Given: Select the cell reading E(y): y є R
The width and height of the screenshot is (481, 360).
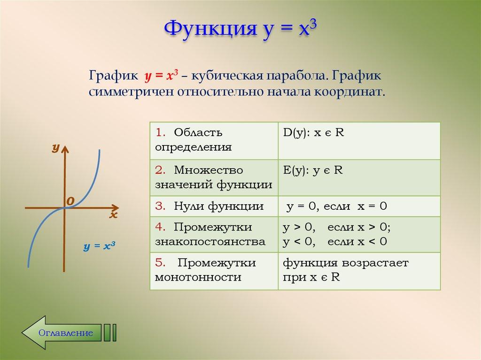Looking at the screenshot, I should click(x=312, y=170).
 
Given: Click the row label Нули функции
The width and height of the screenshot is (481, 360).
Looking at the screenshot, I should click(x=209, y=206).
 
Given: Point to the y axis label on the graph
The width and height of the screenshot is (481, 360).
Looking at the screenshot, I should click(x=55, y=148).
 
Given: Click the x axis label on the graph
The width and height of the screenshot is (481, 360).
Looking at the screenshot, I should click(x=113, y=215).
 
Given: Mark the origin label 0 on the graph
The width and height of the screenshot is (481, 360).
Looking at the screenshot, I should click(x=70, y=201).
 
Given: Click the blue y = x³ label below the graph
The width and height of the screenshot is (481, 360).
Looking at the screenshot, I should click(x=100, y=246).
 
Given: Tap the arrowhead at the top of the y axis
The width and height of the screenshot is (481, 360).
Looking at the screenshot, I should click(x=65, y=150).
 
